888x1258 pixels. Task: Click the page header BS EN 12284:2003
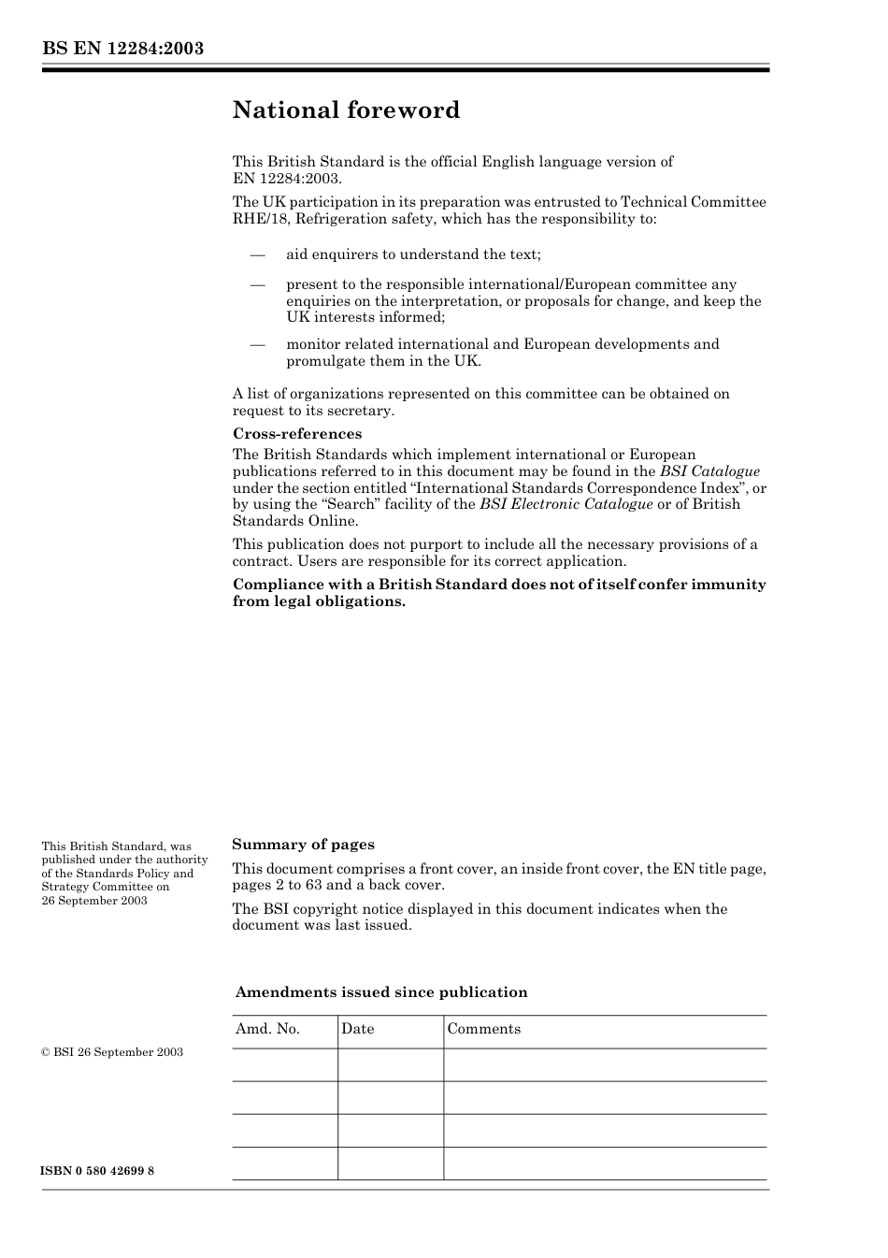pos(122,49)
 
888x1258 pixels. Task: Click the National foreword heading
pos(346,110)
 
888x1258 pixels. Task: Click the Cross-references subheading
pos(296,434)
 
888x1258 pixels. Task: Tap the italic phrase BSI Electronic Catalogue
pos(566,504)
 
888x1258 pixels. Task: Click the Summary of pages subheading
pos(303,845)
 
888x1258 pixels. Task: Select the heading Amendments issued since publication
pos(380,992)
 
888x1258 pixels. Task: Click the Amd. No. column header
pos(267,1029)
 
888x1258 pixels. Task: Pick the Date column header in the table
pos(357,1029)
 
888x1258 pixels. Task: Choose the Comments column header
pos(483,1029)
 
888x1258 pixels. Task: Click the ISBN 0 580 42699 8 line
pos(98,1171)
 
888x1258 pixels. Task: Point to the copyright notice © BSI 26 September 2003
pos(112,1052)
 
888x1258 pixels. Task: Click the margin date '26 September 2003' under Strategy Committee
pos(94,901)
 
